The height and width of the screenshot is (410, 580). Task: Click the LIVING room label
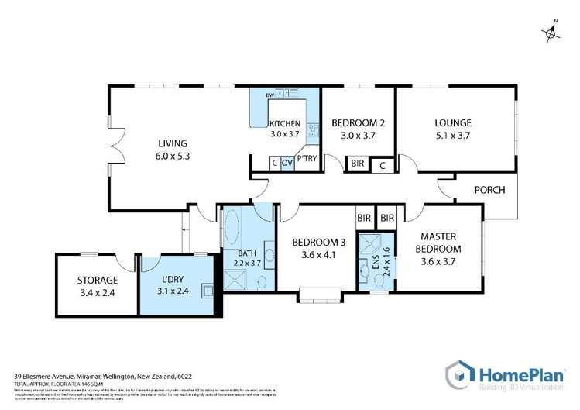point(173,143)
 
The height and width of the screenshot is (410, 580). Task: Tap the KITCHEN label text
point(283,124)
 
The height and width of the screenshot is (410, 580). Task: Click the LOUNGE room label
point(453,122)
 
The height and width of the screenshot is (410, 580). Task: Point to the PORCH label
point(489,190)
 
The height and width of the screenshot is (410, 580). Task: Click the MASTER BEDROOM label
point(440,243)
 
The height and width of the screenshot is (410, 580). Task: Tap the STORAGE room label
point(98,280)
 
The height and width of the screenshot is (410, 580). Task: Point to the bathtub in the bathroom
point(232,230)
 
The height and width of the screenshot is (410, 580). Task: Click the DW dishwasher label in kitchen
point(269,95)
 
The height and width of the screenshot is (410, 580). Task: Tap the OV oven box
point(287,163)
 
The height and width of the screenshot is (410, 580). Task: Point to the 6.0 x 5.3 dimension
point(173,155)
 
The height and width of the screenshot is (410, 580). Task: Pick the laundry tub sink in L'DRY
point(207,291)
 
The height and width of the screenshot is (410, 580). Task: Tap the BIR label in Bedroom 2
point(358,164)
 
